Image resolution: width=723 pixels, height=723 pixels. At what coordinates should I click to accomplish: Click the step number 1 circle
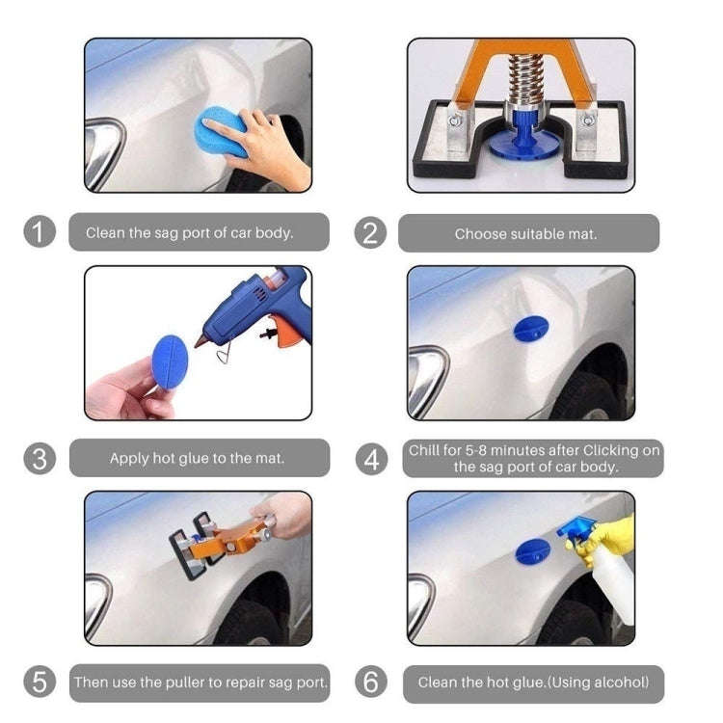40,232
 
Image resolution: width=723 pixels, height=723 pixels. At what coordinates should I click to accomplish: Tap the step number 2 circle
370,232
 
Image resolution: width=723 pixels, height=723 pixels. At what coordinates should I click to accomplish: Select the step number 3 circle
40,458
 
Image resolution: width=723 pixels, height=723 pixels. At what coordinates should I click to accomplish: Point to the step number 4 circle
370,459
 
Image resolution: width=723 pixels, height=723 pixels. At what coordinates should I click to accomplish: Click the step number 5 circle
40,683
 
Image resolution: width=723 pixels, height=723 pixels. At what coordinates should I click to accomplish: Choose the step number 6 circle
370,683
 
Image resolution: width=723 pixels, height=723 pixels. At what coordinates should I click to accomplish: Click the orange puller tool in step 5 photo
232,539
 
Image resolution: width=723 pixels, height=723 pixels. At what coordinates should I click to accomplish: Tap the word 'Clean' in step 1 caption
105,232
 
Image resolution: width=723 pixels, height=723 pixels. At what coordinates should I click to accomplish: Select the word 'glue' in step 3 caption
201,458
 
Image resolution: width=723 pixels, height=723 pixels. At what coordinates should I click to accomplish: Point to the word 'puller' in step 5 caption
190,683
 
